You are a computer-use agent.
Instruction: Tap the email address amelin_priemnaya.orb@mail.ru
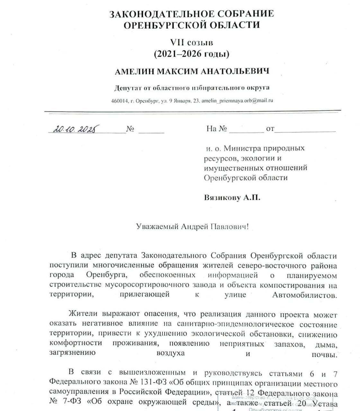pyautogui.click(x=237, y=101)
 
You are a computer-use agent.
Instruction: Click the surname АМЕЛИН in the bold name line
pyautogui.click(x=134, y=72)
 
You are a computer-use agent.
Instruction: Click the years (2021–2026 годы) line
pyautogui.click(x=192, y=54)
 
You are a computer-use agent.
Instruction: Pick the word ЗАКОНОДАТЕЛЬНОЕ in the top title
pyautogui.click(x=158, y=14)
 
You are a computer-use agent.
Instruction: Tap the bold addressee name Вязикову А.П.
pyautogui.click(x=232, y=197)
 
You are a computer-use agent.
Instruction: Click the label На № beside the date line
pyautogui.click(x=217, y=129)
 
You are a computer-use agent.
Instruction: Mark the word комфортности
pyautogui.click(x=76, y=343)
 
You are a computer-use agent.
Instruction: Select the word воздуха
pyautogui.click(x=170, y=353)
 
